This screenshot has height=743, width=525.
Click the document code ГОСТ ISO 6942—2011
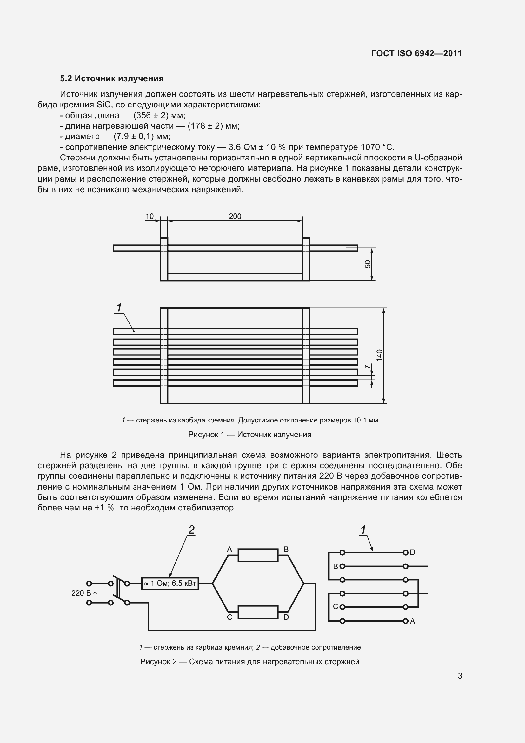(x=416, y=54)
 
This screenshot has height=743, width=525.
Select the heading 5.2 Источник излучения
(x=112, y=79)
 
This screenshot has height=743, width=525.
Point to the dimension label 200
(x=235, y=217)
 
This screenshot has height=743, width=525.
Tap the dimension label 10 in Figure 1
(x=150, y=217)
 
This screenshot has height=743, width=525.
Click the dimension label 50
(x=368, y=264)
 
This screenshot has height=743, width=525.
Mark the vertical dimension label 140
(x=380, y=355)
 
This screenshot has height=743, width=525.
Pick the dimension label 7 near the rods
(x=367, y=367)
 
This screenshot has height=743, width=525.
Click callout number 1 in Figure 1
(x=119, y=307)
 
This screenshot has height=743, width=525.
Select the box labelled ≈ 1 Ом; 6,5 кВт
(x=170, y=584)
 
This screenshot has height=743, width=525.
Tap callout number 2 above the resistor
(x=191, y=530)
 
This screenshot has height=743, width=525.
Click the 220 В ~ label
(x=84, y=593)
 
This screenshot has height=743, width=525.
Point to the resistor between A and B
(x=258, y=555)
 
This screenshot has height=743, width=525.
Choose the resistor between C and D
(x=258, y=612)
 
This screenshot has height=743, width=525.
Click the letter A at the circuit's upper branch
(x=229, y=550)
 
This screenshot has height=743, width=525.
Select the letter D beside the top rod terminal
(x=413, y=552)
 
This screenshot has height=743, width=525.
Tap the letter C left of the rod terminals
(x=336, y=607)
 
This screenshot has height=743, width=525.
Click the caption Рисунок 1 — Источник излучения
(x=249, y=435)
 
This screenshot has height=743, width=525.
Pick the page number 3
(x=460, y=676)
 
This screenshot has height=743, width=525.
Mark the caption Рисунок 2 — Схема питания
(x=249, y=662)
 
